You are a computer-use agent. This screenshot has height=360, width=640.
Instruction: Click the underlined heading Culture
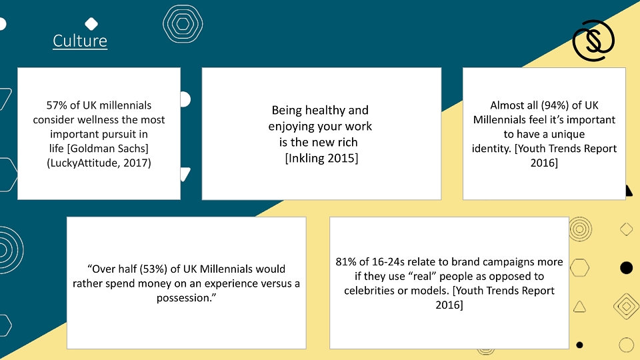coord(80,41)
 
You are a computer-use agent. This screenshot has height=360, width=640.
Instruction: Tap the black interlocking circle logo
coord(593,41)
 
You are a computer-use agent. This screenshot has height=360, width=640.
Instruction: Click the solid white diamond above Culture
coord(91,24)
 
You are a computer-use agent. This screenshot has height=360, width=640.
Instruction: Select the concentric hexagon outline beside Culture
coord(183,24)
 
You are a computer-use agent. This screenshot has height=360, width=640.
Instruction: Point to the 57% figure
coord(57,105)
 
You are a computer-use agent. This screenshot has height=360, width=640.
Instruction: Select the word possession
coord(184,298)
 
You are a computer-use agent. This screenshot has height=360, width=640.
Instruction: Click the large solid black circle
coord(626,268)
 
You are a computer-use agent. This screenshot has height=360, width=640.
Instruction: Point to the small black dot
coord(579,345)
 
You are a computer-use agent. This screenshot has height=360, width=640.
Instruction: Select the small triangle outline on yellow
coord(579,307)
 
